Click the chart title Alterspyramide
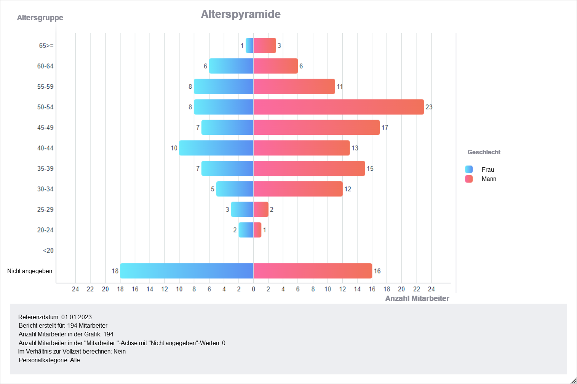pyautogui.click(x=241, y=14)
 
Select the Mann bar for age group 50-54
pyautogui.click(x=339, y=107)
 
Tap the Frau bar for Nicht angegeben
pyautogui.click(x=187, y=271)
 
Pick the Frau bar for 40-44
pyautogui.click(x=216, y=148)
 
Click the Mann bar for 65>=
pyautogui.click(x=265, y=45)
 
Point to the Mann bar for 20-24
pyautogui.click(x=257, y=230)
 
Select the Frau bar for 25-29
pyautogui.click(x=242, y=210)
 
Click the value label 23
pyautogui.click(x=429, y=107)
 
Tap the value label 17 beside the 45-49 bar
pyautogui.click(x=385, y=128)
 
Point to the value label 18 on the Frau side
pyautogui.click(x=115, y=271)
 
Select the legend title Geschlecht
pyautogui.click(x=484, y=152)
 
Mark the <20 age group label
pyautogui.click(x=48, y=251)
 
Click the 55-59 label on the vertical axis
pyautogui.click(x=45, y=86)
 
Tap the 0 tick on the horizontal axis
pyautogui.click(x=254, y=289)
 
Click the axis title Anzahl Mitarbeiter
pyautogui.click(x=417, y=298)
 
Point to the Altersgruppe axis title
pyautogui.click(x=40, y=18)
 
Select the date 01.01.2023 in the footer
pyautogui.click(x=77, y=317)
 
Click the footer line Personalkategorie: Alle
pyautogui.click(x=49, y=360)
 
